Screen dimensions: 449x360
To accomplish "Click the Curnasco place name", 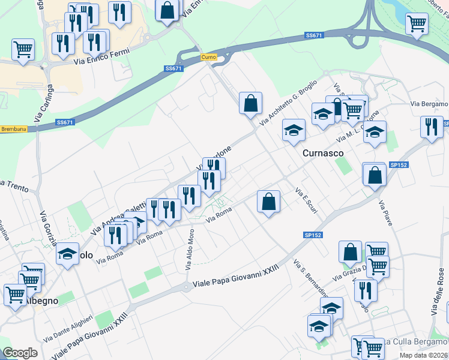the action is tap(323, 153).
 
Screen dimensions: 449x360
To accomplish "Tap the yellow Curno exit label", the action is tap(208, 57).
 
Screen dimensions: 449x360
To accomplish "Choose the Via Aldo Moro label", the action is tap(191, 250).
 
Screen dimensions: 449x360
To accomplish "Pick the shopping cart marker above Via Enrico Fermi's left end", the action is tap(23, 49).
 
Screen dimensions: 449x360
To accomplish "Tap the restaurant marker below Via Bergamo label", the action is tap(431, 127).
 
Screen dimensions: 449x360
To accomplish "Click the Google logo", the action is tap(20, 353).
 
